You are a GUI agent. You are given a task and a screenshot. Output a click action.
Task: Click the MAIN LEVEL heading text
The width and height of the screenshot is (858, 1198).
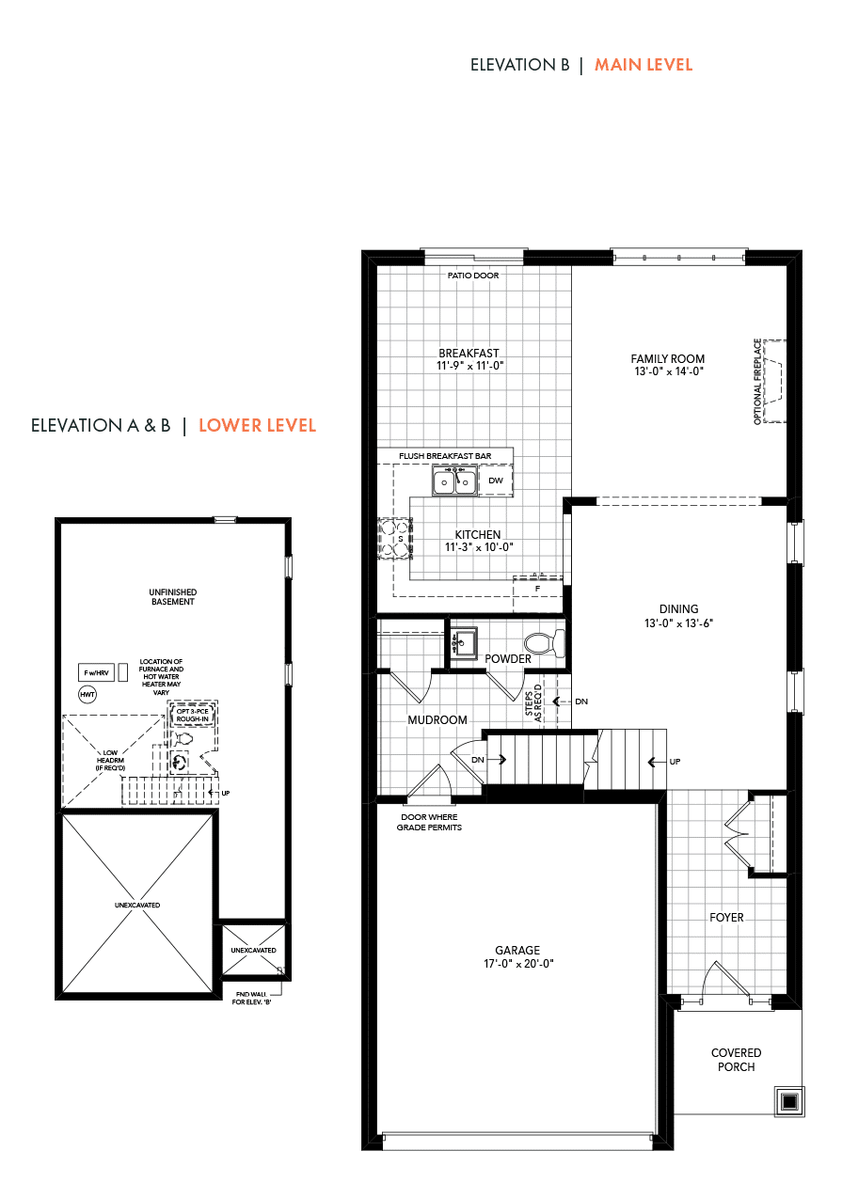tap(643, 65)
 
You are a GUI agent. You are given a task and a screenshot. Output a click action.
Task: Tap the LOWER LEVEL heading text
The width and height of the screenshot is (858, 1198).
tap(257, 425)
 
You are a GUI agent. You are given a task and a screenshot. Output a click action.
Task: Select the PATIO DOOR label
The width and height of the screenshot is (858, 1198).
tap(473, 276)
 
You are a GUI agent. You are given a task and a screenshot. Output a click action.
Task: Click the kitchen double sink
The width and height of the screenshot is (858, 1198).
tap(454, 481)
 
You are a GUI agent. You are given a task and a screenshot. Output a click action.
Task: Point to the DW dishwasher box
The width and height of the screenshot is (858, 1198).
tap(496, 481)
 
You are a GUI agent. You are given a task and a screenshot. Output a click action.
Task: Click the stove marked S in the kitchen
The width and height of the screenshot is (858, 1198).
tap(395, 539)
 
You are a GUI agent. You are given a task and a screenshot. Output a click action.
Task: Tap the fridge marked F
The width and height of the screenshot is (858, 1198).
tap(537, 589)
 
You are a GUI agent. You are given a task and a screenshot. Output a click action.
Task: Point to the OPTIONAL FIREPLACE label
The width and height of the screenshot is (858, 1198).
tap(757, 382)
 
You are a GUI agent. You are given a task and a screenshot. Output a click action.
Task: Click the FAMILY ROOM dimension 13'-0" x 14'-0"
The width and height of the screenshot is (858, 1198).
tap(669, 371)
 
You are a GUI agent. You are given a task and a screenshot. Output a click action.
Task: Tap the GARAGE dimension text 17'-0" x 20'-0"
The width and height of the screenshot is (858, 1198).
tap(518, 964)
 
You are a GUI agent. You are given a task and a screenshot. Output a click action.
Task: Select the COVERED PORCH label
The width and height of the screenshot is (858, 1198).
tap(736, 1060)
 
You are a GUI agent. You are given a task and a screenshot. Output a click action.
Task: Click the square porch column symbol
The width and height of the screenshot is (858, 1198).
tap(789, 1102)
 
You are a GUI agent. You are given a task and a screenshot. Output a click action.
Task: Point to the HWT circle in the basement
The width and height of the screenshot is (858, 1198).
tap(87, 695)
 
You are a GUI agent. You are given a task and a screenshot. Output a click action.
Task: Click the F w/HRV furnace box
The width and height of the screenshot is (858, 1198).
tap(96, 672)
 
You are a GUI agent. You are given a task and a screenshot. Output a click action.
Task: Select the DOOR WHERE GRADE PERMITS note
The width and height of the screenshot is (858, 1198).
tap(429, 822)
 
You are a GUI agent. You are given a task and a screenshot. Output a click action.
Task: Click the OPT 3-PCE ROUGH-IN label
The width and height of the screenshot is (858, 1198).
tap(193, 715)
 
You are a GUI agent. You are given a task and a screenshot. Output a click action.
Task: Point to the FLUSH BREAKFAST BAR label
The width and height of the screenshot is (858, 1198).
tap(445, 456)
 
